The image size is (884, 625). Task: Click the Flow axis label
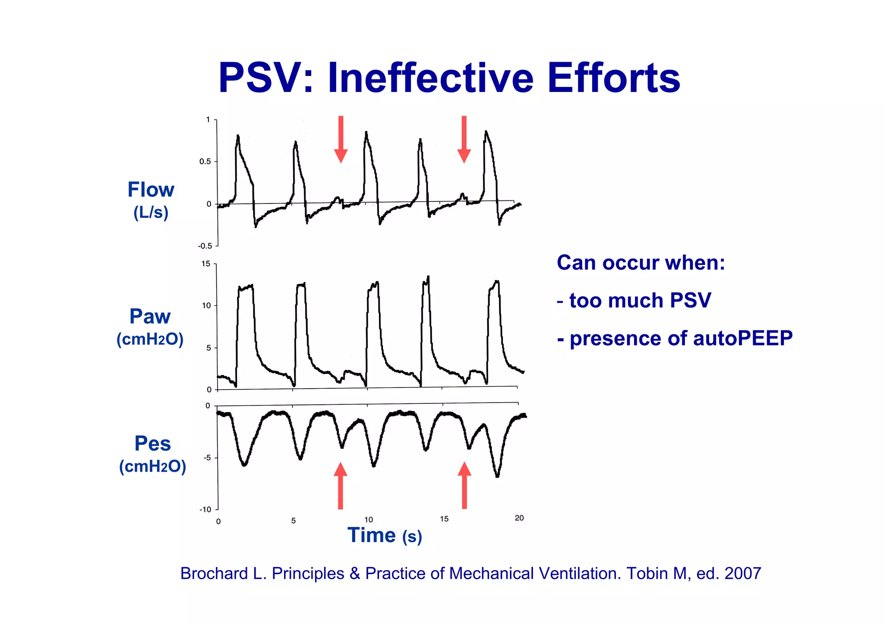(151, 190)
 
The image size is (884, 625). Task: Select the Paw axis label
(150, 317)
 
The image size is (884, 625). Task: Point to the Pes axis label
(152, 444)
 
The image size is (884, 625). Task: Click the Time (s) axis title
(384, 536)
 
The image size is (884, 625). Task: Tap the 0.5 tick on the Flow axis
(205, 162)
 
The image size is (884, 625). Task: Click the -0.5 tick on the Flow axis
(205, 246)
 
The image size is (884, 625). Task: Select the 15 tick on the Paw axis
(206, 264)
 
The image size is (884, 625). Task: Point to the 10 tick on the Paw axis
(206, 306)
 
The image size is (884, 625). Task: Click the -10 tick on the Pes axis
(205, 510)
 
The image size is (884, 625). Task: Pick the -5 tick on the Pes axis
(207, 458)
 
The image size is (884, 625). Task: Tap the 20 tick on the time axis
(519, 518)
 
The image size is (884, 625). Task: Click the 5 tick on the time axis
(294, 521)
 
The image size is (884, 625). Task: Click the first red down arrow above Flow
(341, 139)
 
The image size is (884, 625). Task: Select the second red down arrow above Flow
(464, 139)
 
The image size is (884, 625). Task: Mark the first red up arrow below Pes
(341, 485)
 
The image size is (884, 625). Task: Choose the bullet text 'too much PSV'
(640, 301)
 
